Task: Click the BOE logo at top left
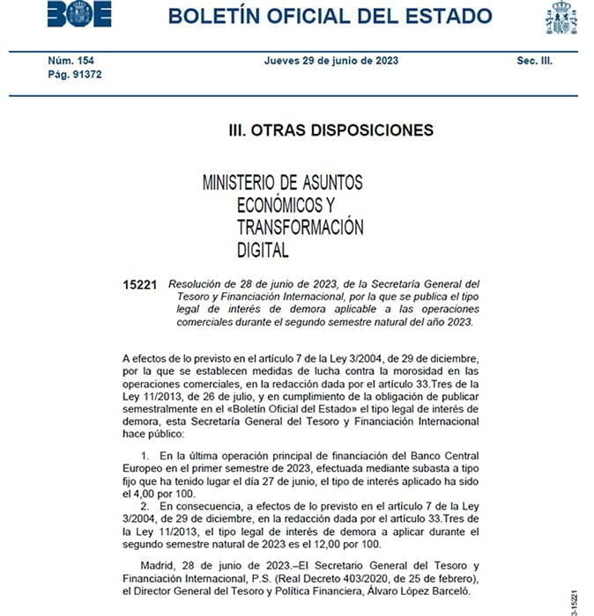coord(80,15)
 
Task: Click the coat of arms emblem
coord(561,18)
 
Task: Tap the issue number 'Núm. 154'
coord(71,61)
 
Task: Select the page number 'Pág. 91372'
coord(76,76)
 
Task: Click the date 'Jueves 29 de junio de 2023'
coord(330,61)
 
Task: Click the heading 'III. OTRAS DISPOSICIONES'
coord(330,130)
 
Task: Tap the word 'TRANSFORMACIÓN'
coord(300,227)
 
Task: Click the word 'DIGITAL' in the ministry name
coord(263,250)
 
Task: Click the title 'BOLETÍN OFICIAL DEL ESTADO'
coord(330,16)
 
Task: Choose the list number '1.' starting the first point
coord(147,455)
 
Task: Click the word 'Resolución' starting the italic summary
coord(199,284)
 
